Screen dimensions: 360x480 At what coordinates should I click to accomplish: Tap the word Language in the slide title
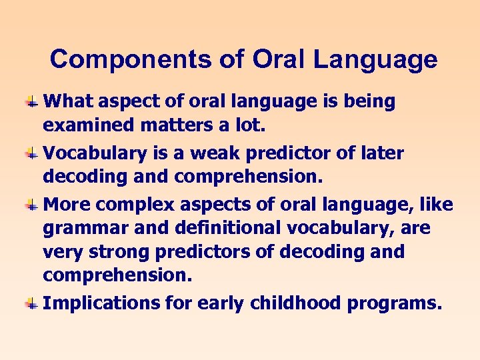375,59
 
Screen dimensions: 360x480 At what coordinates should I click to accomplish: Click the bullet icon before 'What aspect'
31,102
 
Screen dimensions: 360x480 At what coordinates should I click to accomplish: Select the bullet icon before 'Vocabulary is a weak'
31,154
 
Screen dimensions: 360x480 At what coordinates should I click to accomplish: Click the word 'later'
379,153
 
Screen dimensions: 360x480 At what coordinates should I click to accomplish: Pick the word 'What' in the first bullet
65,101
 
